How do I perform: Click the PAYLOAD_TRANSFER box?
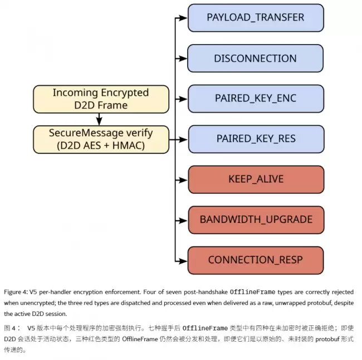click(x=256, y=18)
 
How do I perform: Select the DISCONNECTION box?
click(x=255, y=58)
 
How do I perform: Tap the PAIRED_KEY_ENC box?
click(x=256, y=99)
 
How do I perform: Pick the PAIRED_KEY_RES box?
click(x=256, y=139)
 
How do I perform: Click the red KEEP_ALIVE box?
click(x=256, y=179)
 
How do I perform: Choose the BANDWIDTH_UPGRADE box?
click(x=256, y=220)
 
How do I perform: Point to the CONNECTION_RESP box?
click(x=256, y=260)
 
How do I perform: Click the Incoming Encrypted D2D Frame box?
click(x=101, y=99)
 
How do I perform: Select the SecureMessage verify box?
click(x=101, y=139)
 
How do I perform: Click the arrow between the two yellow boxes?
click(x=99, y=119)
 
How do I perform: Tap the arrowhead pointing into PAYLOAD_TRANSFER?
click(x=184, y=18)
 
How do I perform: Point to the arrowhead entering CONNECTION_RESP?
click(x=184, y=261)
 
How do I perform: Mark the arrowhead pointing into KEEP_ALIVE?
click(x=184, y=180)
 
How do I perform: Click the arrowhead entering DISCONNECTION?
click(x=184, y=59)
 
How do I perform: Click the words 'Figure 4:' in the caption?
click(x=16, y=293)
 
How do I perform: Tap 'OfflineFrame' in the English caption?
click(x=252, y=292)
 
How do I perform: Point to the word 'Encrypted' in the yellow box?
click(x=125, y=93)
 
